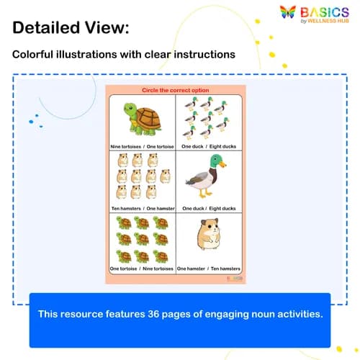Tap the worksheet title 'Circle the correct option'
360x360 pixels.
[175, 91]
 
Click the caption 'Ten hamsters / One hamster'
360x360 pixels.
[143, 208]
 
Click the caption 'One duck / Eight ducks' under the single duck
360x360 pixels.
[208, 208]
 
